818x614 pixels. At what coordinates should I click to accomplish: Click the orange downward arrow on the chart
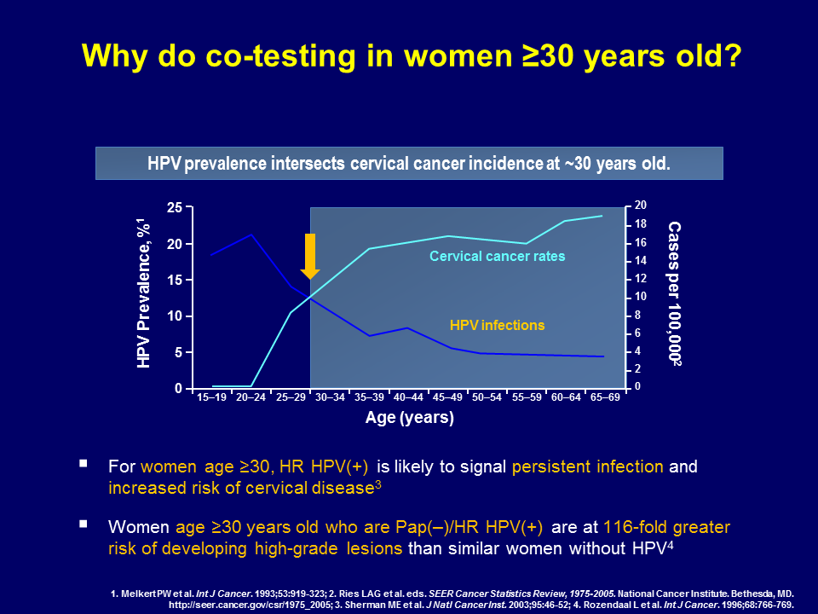pos(310,257)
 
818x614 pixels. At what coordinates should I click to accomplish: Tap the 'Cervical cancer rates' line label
pos(497,257)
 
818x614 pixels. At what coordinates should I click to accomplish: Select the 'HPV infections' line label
pos(497,325)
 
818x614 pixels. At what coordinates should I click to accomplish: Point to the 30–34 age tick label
pos(330,397)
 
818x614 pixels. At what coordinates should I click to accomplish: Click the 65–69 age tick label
pos(605,397)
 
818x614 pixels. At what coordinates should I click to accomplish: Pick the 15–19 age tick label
pos(211,397)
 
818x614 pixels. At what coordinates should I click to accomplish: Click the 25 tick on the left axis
pos(175,208)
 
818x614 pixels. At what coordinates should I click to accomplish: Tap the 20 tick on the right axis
pos(640,206)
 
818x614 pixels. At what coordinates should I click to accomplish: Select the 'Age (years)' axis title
pos(410,418)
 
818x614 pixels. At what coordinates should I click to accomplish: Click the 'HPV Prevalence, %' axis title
pos(144,294)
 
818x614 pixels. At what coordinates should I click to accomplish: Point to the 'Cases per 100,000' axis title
pos(675,293)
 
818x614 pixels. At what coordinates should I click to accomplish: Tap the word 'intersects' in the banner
pos(308,164)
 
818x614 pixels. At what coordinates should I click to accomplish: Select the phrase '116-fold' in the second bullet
pos(635,527)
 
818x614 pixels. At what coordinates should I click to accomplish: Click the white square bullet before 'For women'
pos(84,463)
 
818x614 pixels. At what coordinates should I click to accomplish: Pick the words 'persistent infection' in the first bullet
pos(587,466)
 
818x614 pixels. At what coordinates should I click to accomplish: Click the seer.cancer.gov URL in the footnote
pos(250,605)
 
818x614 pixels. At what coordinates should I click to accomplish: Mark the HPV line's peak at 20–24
pos(251,235)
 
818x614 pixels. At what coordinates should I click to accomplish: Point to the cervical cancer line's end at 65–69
pos(602,216)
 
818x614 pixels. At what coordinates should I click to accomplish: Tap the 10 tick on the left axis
pos(175,316)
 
